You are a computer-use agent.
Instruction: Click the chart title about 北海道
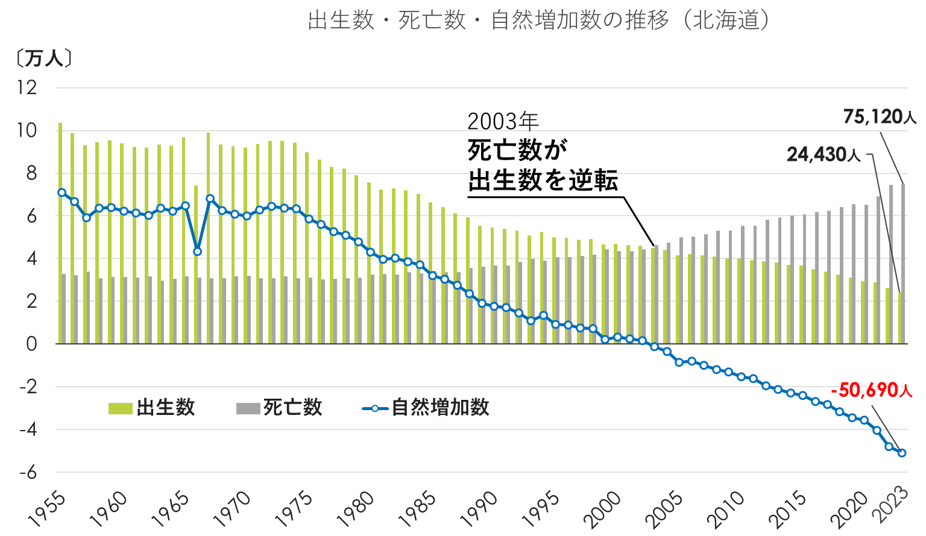[x=539, y=20]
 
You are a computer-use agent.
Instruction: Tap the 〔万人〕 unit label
[x=43, y=58]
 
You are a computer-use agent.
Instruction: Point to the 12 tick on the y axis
[x=27, y=88]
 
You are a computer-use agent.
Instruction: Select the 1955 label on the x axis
[x=46, y=508]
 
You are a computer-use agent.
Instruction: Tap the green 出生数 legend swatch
[x=120, y=408]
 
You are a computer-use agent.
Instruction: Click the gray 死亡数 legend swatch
[x=248, y=408]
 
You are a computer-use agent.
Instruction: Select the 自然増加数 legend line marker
[x=374, y=408]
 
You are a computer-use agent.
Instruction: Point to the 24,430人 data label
[x=824, y=155]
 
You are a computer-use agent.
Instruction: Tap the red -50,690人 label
[x=872, y=390]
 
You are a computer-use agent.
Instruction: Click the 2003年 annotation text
[x=503, y=122]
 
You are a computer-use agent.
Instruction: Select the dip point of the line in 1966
[x=197, y=252]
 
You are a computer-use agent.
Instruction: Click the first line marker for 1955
[x=61, y=193]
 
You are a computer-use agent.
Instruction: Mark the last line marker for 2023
[x=902, y=453]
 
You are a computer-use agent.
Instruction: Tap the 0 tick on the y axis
[x=31, y=344]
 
